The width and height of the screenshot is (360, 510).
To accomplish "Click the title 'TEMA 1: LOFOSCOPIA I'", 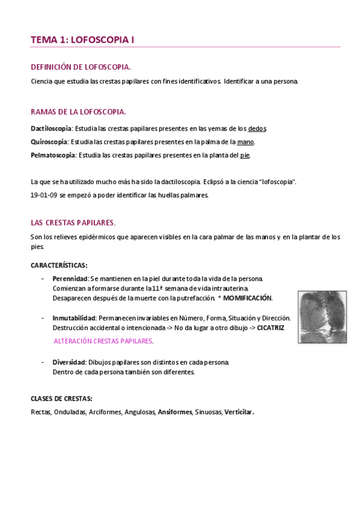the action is tap(82, 40).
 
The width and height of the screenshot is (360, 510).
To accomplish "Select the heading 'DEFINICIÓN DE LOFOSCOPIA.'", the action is tap(81, 67).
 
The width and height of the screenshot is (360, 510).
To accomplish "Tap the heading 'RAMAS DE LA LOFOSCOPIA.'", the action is tap(78, 112).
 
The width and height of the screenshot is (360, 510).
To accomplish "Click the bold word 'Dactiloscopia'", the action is tap(51, 128).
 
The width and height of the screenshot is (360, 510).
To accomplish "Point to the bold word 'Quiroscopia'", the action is tap(49, 142).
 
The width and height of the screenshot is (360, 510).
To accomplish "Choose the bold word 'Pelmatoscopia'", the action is tap(53, 155).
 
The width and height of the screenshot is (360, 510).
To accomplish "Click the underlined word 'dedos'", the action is tap(257, 128).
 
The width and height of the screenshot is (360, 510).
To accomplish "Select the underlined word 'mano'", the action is tap(245, 142).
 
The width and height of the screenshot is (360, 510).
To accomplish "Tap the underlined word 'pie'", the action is tap(245, 155).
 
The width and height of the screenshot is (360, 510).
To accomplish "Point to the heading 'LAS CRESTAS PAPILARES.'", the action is tap(73, 222).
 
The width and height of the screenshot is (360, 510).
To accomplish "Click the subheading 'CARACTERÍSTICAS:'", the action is tap(59, 265).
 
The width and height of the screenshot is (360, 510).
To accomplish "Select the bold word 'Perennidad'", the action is tap(70, 278).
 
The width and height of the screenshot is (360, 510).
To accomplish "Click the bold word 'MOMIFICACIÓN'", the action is tap(248, 298).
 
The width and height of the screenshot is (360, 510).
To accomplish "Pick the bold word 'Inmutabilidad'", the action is tap(75, 318).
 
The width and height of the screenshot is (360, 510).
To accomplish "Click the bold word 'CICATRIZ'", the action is tap(270, 327).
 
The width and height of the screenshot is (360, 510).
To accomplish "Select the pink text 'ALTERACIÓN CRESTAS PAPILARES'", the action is tap(103, 341).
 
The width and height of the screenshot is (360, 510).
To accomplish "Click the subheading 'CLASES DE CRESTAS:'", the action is tap(61, 398).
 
